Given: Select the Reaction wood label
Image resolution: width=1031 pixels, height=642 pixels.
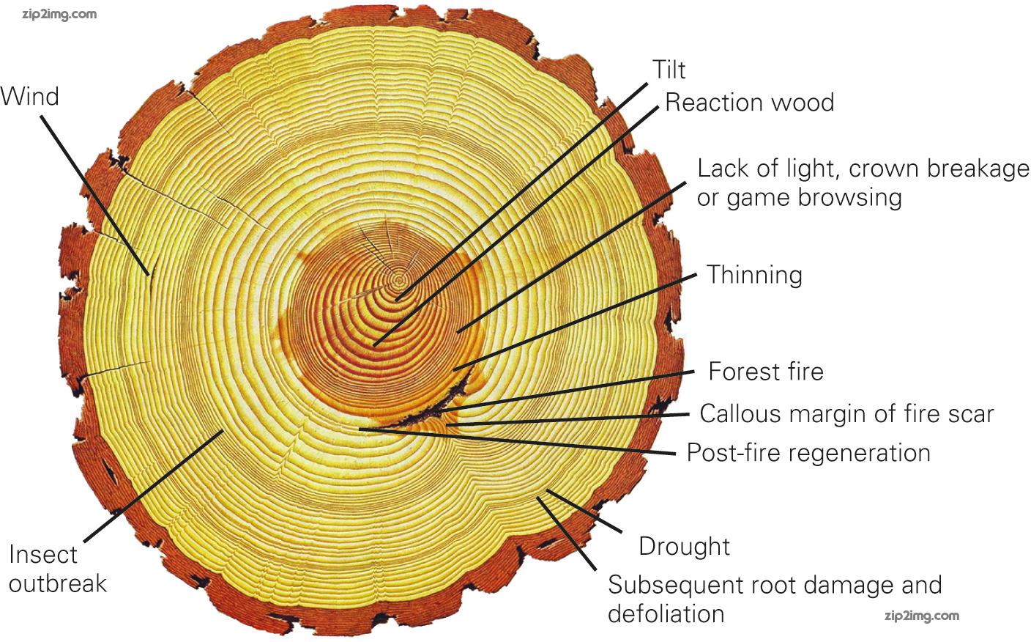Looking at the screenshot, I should (x=749, y=102).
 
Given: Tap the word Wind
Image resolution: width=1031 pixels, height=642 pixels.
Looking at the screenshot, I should (x=30, y=96).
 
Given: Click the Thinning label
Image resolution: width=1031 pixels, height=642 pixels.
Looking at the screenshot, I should (x=754, y=275).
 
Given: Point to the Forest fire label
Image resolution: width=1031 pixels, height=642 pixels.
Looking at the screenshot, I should (x=765, y=371).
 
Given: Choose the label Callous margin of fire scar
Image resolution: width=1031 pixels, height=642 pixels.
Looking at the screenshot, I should (x=846, y=413).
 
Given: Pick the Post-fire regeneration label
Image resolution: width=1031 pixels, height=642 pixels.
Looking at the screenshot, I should (x=808, y=452).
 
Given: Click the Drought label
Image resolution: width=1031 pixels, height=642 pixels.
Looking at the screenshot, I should (x=684, y=546).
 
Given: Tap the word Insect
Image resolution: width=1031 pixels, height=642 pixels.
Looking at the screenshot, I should (x=42, y=554).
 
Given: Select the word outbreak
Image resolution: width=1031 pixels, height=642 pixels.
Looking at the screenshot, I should (x=58, y=583).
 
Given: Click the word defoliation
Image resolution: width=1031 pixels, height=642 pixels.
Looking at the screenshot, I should (x=666, y=613).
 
